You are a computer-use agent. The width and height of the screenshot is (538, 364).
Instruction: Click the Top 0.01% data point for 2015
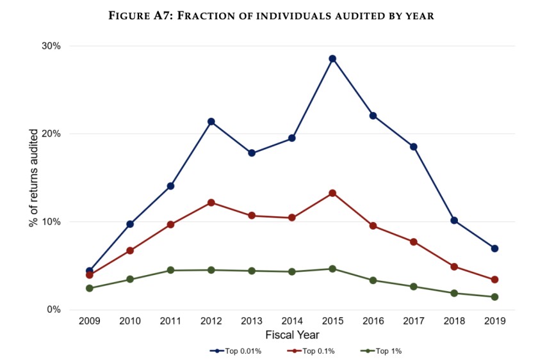pyautogui.click(x=332, y=59)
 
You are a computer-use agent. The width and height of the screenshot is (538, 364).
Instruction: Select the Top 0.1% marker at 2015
pyautogui.click(x=332, y=193)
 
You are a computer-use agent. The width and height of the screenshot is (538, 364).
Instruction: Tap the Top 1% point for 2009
pyautogui.click(x=90, y=289)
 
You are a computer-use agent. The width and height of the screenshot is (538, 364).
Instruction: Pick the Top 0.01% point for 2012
pyautogui.click(x=211, y=122)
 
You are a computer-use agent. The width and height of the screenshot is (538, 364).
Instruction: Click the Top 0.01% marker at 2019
pyautogui.click(x=494, y=248)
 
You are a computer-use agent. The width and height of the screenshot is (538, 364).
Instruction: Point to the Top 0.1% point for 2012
pyautogui.click(x=211, y=203)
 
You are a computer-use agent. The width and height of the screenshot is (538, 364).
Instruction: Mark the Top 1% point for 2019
pyautogui.click(x=494, y=297)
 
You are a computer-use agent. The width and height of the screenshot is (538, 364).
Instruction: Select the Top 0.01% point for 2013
pyautogui.click(x=252, y=153)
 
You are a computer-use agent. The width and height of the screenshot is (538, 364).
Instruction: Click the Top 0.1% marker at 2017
pyautogui.click(x=414, y=242)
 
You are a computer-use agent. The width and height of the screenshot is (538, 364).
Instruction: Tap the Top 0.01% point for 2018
pyautogui.click(x=454, y=220)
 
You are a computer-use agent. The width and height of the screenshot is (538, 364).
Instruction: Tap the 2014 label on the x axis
pyautogui.click(x=292, y=322)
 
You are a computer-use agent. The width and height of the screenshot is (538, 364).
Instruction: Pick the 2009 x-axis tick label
pyautogui.click(x=90, y=322)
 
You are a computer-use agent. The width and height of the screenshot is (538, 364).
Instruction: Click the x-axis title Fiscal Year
pyautogui.click(x=292, y=335)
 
